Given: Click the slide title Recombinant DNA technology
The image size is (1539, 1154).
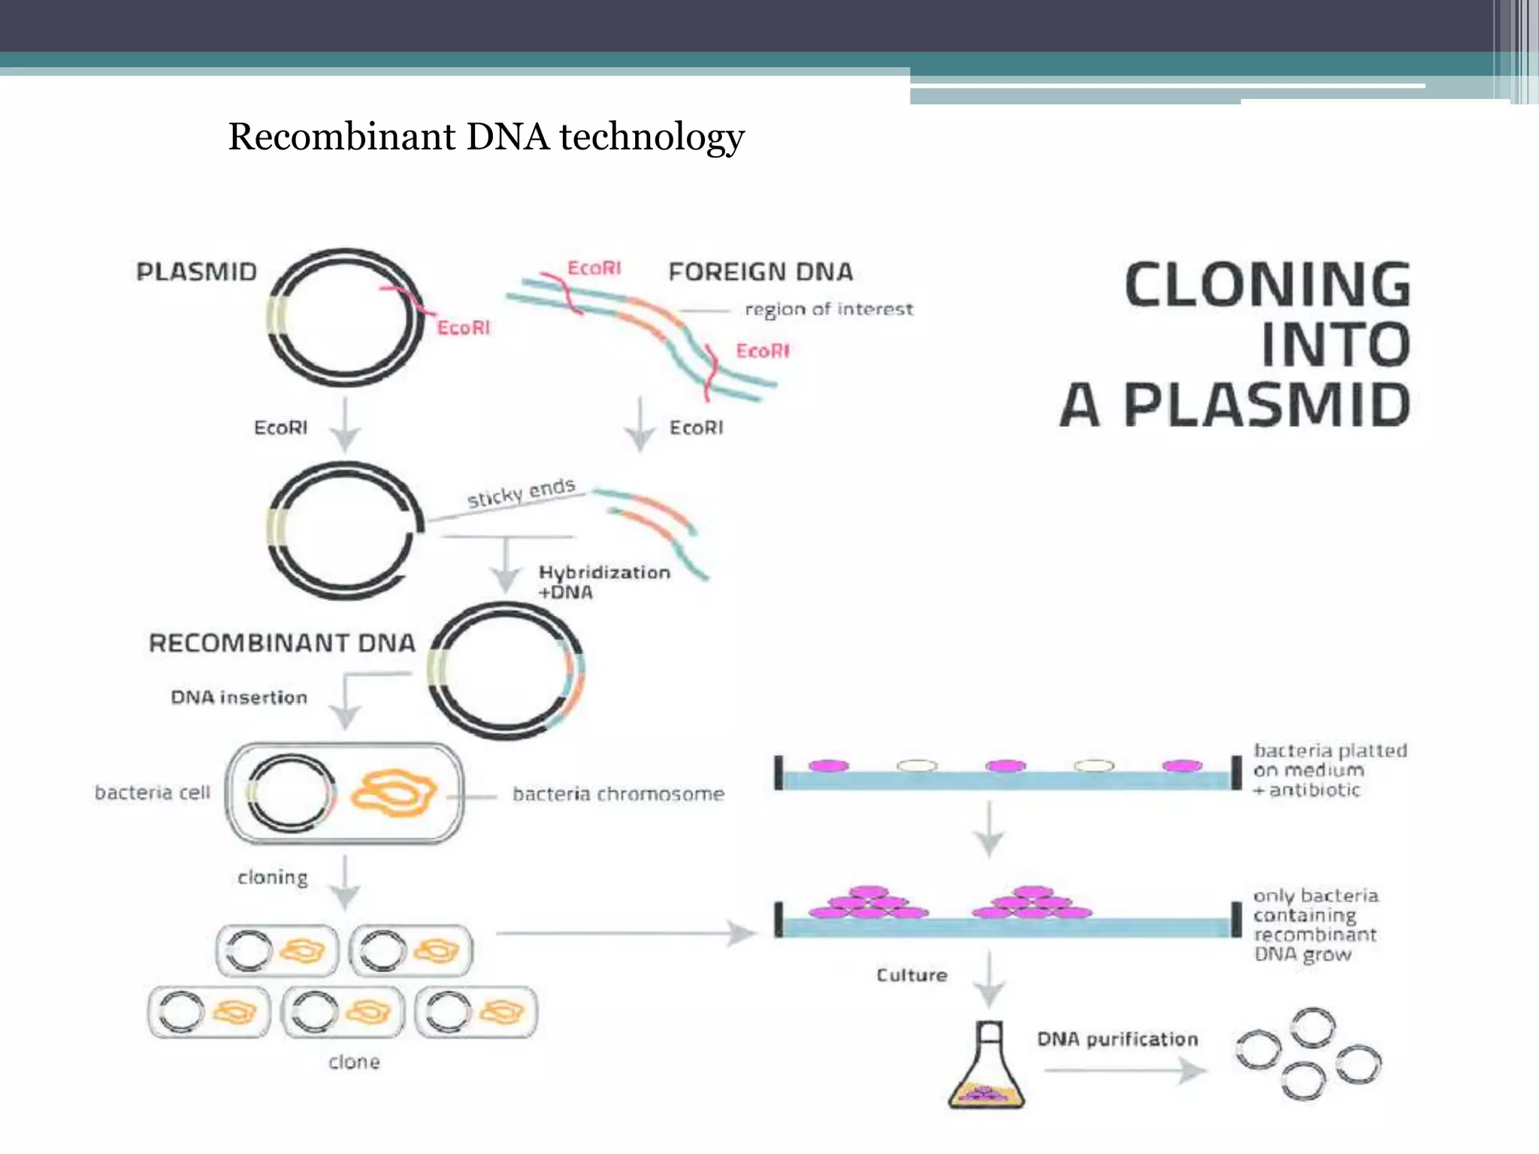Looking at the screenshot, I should pyautogui.click(x=486, y=137).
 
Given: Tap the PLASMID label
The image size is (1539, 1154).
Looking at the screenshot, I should pyautogui.click(x=196, y=272).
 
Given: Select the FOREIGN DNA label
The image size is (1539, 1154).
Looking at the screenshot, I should pyautogui.click(x=760, y=272).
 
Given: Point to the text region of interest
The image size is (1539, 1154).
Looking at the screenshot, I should pyautogui.click(x=828, y=310).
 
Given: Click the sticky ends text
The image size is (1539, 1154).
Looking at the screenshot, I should pyautogui.click(x=522, y=493).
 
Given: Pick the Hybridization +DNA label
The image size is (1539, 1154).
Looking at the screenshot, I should pyautogui.click(x=603, y=582).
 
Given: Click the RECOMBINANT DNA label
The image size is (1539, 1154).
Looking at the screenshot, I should pyautogui.click(x=282, y=643).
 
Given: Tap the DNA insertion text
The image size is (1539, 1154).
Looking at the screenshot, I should pyautogui.click(x=239, y=698).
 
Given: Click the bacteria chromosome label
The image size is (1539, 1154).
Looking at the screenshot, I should pyautogui.click(x=618, y=794).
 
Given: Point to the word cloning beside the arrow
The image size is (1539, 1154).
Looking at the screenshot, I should pyautogui.click(x=273, y=878).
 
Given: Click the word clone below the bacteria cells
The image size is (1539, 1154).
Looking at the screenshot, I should pyautogui.click(x=354, y=1062).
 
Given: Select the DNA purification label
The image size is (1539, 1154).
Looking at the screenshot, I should pyautogui.click(x=1117, y=1040).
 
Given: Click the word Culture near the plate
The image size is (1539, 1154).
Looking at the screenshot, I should pyautogui.click(x=912, y=975).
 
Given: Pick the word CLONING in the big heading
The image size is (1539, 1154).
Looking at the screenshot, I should pyautogui.click(x=1267, y=285).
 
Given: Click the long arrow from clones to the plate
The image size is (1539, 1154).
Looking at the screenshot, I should pyautogui.click(x=624, y=934).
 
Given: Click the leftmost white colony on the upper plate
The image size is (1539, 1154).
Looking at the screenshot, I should pyautogui.click(x=918, y=766).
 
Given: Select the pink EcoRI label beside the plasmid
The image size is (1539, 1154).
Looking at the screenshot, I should pyautogui.click(x=463, y=328).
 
